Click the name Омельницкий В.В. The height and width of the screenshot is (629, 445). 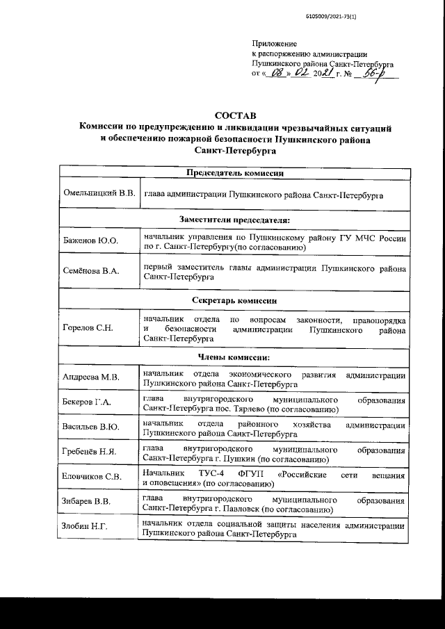coord(98,196)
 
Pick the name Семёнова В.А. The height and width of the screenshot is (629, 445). coord(91,272)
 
